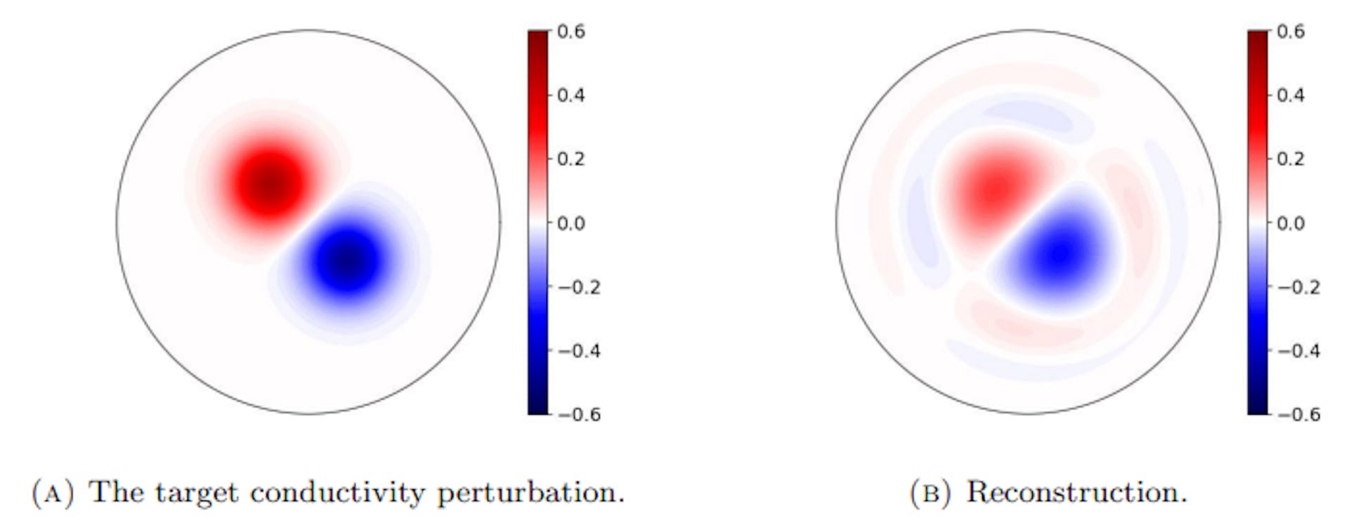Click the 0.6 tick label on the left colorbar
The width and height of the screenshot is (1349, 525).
coord(571,32)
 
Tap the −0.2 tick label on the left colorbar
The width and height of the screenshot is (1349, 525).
coord(579,287)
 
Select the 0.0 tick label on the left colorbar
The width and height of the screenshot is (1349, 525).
coord(571,223)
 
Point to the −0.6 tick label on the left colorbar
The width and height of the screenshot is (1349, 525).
coord(579,414)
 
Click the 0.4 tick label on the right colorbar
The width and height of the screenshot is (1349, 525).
coord(1290,95)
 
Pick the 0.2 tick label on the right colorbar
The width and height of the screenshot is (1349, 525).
coord(1290,159)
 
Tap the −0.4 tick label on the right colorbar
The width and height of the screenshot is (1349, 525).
coord(1298,351)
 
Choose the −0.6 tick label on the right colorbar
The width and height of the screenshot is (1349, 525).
coord(1298,414)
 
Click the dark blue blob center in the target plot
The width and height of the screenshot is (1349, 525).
coord(347,261)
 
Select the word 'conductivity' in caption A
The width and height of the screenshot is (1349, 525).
coord(337,493)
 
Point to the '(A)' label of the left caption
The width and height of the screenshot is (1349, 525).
coord(53,493)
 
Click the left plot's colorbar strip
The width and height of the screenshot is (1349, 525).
coord(537,223)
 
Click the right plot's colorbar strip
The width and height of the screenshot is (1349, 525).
coord(1258,223)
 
